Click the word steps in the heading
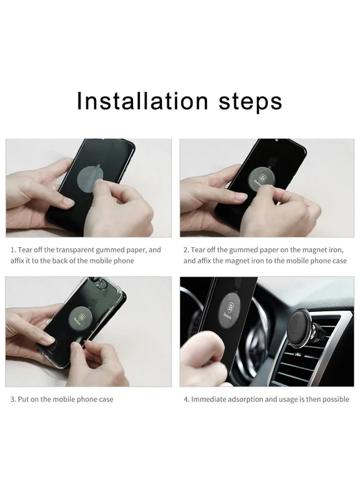point(250,102)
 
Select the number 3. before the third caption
point(13,399)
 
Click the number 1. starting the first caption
point(13,250)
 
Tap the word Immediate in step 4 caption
point(209,399)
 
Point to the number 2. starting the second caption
point(186,250)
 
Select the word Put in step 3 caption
point(23,399)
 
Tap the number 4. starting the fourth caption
point(187,399)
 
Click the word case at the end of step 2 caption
point(340,261)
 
